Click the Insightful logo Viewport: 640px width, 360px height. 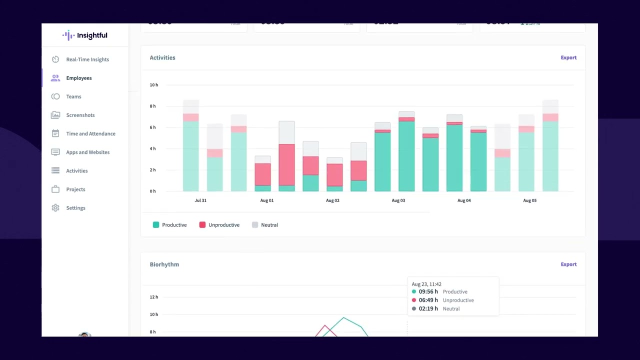click(x=84, y=35)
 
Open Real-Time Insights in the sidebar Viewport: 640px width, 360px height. click(x=87, y=59)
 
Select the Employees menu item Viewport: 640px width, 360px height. click(x=78, y=78)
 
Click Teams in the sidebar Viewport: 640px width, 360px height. click(x=73, y=96)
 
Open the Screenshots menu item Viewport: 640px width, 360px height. click(x=80, y=115)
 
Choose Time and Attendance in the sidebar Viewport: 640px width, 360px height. click(x=90, y=133)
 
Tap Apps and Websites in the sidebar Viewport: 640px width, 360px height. click(x=87, y=152)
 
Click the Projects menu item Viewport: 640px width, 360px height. click(x=75, y=189)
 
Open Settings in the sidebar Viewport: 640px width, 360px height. click(x=75, y=208)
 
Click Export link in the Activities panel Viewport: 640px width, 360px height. click(x=568, y=57)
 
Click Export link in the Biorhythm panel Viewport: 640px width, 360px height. click(x=568, y=264)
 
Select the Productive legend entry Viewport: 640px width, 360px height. click(x=170, y=225)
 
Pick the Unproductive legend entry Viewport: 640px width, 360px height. click(x=219, y=225)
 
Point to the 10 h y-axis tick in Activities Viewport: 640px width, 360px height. click(x=153, y=85)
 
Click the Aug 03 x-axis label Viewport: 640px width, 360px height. click(x=398, y=200)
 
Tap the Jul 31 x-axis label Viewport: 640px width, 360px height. click(x=200, y=200)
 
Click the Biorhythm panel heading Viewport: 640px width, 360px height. click(x=164, y=264)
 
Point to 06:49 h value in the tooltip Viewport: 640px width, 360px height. click(x=428, y=300)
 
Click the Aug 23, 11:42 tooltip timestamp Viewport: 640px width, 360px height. click(x=426, y=284)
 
